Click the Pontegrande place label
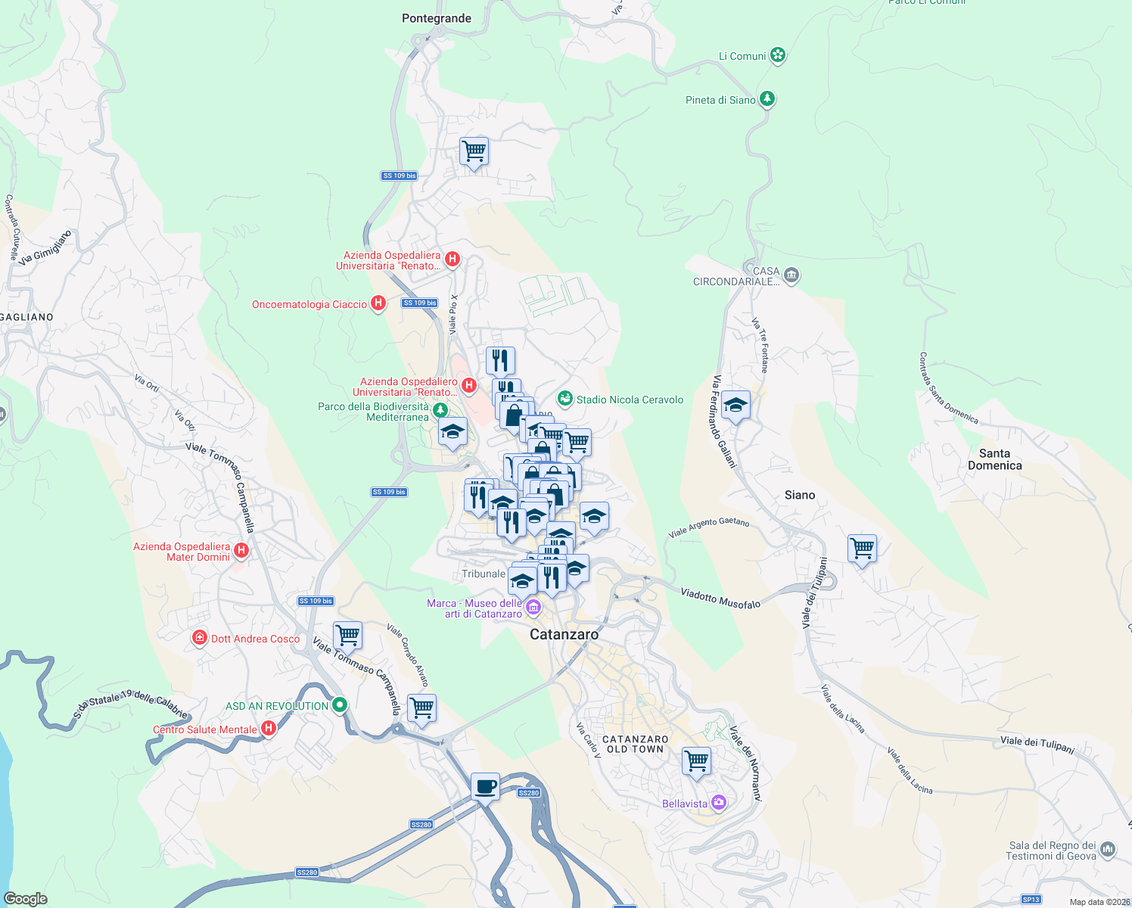[436, 18]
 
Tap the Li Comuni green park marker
[778, 55]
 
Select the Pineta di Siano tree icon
[767, 99]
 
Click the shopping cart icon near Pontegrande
[474, 151]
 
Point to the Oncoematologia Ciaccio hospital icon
[378, 303]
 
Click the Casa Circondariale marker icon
[791, 275]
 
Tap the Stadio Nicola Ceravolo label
[630, 400]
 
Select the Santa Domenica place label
[994, 459]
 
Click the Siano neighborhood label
[800, 495]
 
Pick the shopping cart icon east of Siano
[863, 548]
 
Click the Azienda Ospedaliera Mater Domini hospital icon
[241, 550]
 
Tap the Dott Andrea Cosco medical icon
[200, 638]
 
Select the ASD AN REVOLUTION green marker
[340, 705]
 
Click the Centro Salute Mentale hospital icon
[268, 729]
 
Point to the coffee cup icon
[485, 786]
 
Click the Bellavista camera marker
[719, 803]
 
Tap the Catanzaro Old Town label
[636, 744]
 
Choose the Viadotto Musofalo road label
[720, 598]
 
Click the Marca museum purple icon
[533, 607]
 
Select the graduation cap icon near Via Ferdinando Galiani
[735, 405]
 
